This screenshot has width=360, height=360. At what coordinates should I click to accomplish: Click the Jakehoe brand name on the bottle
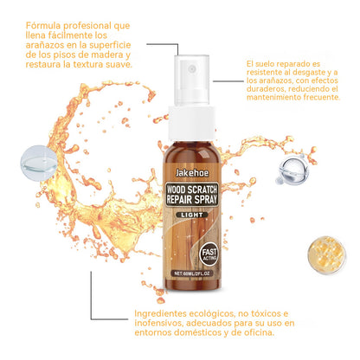coord(192,173)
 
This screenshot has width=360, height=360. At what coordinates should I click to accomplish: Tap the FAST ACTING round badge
coord(209,254)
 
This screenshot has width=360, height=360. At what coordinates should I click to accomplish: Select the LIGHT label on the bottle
coord(192,215)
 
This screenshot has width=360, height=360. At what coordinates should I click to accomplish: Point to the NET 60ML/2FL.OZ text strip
coord(191,273)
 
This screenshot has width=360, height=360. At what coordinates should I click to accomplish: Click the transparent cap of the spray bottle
coord(192,80)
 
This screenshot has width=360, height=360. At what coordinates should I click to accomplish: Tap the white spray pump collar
coord(192,124)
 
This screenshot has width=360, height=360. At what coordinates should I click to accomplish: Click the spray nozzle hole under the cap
coord(192,68)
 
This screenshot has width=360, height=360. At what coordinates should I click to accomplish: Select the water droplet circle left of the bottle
coord(39,164)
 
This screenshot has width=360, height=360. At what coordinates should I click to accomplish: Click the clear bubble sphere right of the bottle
coord(293,170)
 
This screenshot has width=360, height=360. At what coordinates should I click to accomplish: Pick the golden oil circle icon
coord(326,255)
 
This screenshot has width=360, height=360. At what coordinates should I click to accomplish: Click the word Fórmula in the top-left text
coord(43,26)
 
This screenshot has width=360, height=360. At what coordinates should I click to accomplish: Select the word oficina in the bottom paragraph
coord(258,332)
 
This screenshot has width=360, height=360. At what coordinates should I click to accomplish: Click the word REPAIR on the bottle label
coord(178,200)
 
